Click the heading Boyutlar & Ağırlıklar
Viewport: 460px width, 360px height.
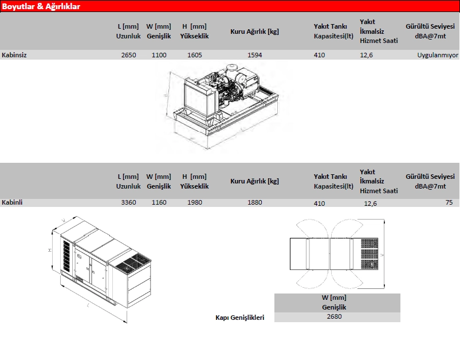coord(41,6)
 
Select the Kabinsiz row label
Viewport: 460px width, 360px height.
coord(14,55)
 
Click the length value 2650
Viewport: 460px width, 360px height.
coord(128,55)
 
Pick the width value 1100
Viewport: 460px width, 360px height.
coord(159,55)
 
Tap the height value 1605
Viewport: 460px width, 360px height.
coord(195,55)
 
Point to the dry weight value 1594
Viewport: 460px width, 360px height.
coord(255,55)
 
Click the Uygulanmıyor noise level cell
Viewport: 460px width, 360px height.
coord(438,55)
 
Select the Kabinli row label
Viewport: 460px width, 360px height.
coord(12,202)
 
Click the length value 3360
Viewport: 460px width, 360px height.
coord(128,202)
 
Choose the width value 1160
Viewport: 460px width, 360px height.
coord(159,202)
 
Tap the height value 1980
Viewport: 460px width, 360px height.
coord(195,202)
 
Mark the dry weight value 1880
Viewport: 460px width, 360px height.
coord(255,202)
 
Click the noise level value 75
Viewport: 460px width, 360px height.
coord(449,202)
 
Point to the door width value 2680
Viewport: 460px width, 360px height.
coord(334,316)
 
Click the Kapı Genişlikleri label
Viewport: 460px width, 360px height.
coord(239,318)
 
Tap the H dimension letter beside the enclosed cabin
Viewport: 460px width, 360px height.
coord(50,250)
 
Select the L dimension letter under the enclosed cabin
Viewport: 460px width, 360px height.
coord(88,306)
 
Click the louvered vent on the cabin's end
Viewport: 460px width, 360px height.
coord(67,256)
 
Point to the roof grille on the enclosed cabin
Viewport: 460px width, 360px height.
coord(132,264)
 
